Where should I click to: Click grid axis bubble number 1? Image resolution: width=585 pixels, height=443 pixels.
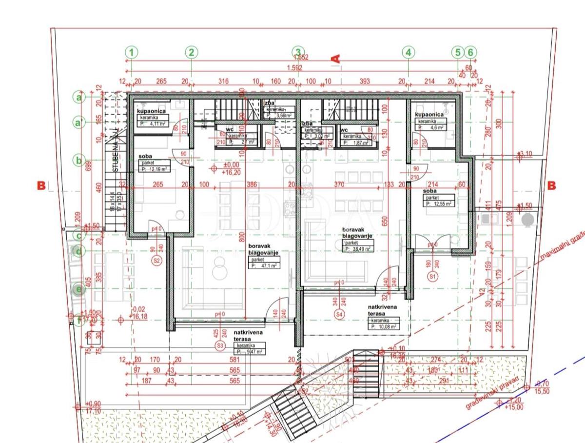(x=132, y=52)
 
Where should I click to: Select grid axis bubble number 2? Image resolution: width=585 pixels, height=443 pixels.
(x=192, y=52)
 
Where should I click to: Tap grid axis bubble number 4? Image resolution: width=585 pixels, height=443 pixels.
(x=409, y=52)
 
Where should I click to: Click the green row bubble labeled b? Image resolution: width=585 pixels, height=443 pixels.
(x=78, y=160)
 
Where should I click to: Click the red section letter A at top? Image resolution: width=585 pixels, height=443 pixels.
(x=335, y=59)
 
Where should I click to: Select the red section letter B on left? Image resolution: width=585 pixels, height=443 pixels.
(x=41, y=185)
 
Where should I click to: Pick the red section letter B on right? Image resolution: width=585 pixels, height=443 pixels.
(x=551, y=185)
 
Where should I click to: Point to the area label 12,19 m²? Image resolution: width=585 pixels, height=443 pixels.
(x=154, y=169)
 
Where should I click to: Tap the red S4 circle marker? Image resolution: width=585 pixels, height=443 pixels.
(x=340, y=315)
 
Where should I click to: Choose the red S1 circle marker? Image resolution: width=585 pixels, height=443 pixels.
(x=431, y=276)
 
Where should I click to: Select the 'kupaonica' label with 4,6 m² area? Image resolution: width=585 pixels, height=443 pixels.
(x=429, y=114)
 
